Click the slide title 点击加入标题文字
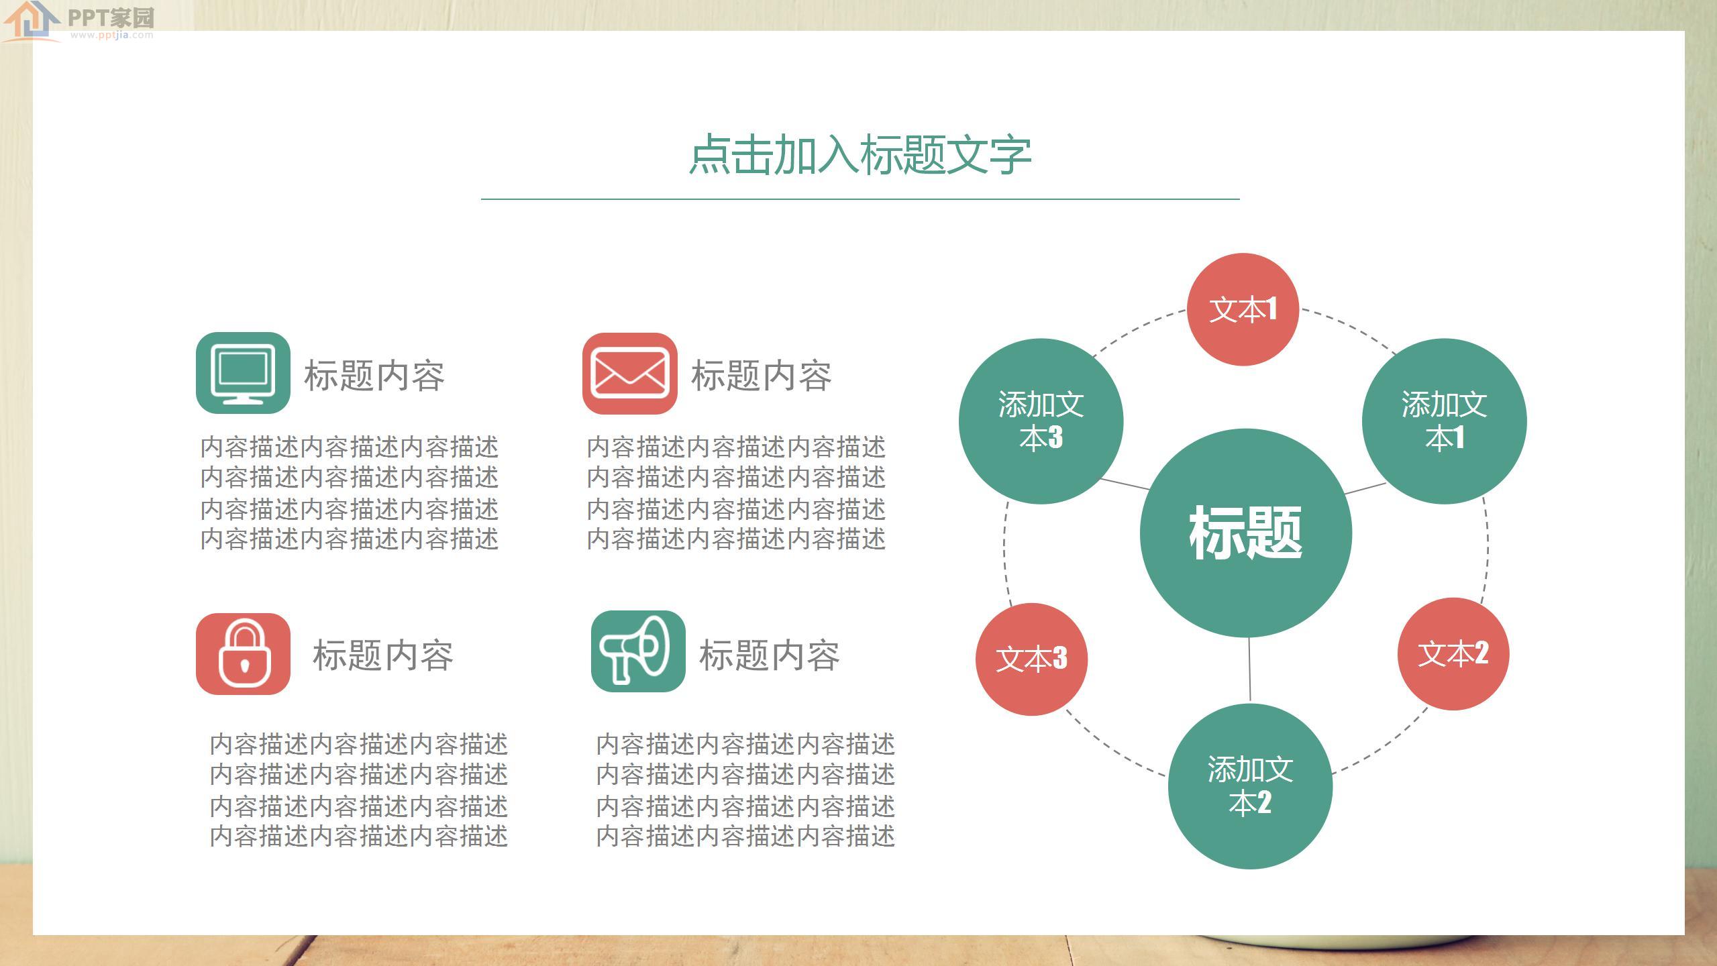pyautogui.click(x=860, y=155)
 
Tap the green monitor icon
pyautogui.click(x=243, y=373)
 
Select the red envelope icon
pyautogui.click(x=629, y=373)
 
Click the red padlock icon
pyautogui.click(x=243, y=653)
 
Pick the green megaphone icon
pyautogui.click(x=637, y=651)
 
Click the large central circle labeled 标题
pyautogui.click(x=1245, y=533)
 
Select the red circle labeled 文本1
pyautogui.click(x=1243, y=309)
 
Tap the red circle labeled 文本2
pyautogui.click(x=1453, y=653)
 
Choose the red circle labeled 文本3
pyautogui.click(x=1031, y=659)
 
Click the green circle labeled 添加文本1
pyautogui.click(x=1444, y=421)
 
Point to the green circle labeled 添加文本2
pyautogui.click(x=1250, y=786)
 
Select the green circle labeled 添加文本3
pyautogui.click(x=1041, y=421)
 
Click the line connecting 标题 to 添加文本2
pyautogui.click(x=1249, y=669)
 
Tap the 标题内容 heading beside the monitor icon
pyautogui.click(x=374, y=375)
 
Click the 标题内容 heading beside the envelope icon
pyautogui.click(x=762, y=375)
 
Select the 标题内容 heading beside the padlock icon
pyautogui.click(x=383, y=655)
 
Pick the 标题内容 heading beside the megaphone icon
pyautogui.click(x=770, y=655)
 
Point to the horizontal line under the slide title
pyautogui.click(x=860, y=199)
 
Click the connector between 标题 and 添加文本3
pyautogui.click(x=1125, y=484)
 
